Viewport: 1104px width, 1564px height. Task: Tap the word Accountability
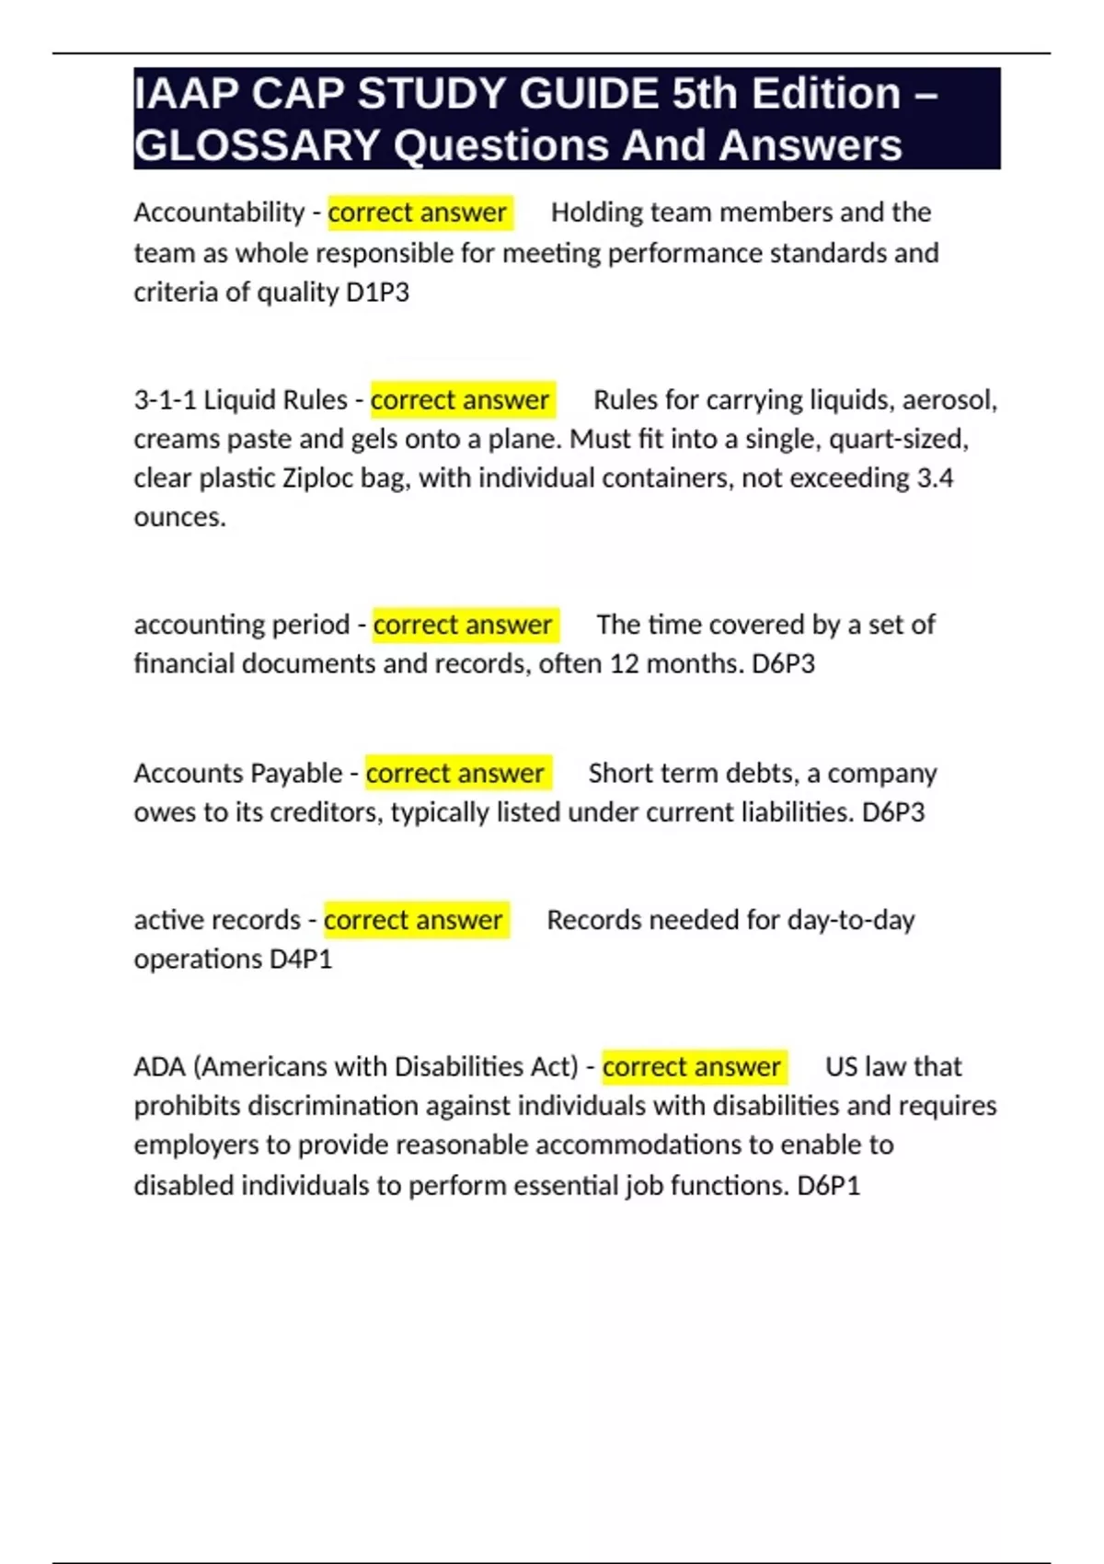[x=219, y=213]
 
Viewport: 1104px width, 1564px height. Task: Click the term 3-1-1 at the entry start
[x=165, y=400]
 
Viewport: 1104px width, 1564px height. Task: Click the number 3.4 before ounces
[x=935, y=478]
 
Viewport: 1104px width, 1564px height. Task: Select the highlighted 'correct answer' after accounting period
[x=463, y=625]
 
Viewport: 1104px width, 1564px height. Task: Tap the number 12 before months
[x=624, y=664]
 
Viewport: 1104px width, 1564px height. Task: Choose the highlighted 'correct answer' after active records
[x=414, y=920]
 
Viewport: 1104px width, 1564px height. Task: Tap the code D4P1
[x=300, y=960]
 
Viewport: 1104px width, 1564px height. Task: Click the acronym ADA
[x=159, y=1067]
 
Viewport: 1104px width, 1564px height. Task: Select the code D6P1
[x=828, y=1186]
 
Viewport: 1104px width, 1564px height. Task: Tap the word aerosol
[x=949, y=400]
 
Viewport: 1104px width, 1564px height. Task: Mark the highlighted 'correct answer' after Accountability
[x=418, y=213]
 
